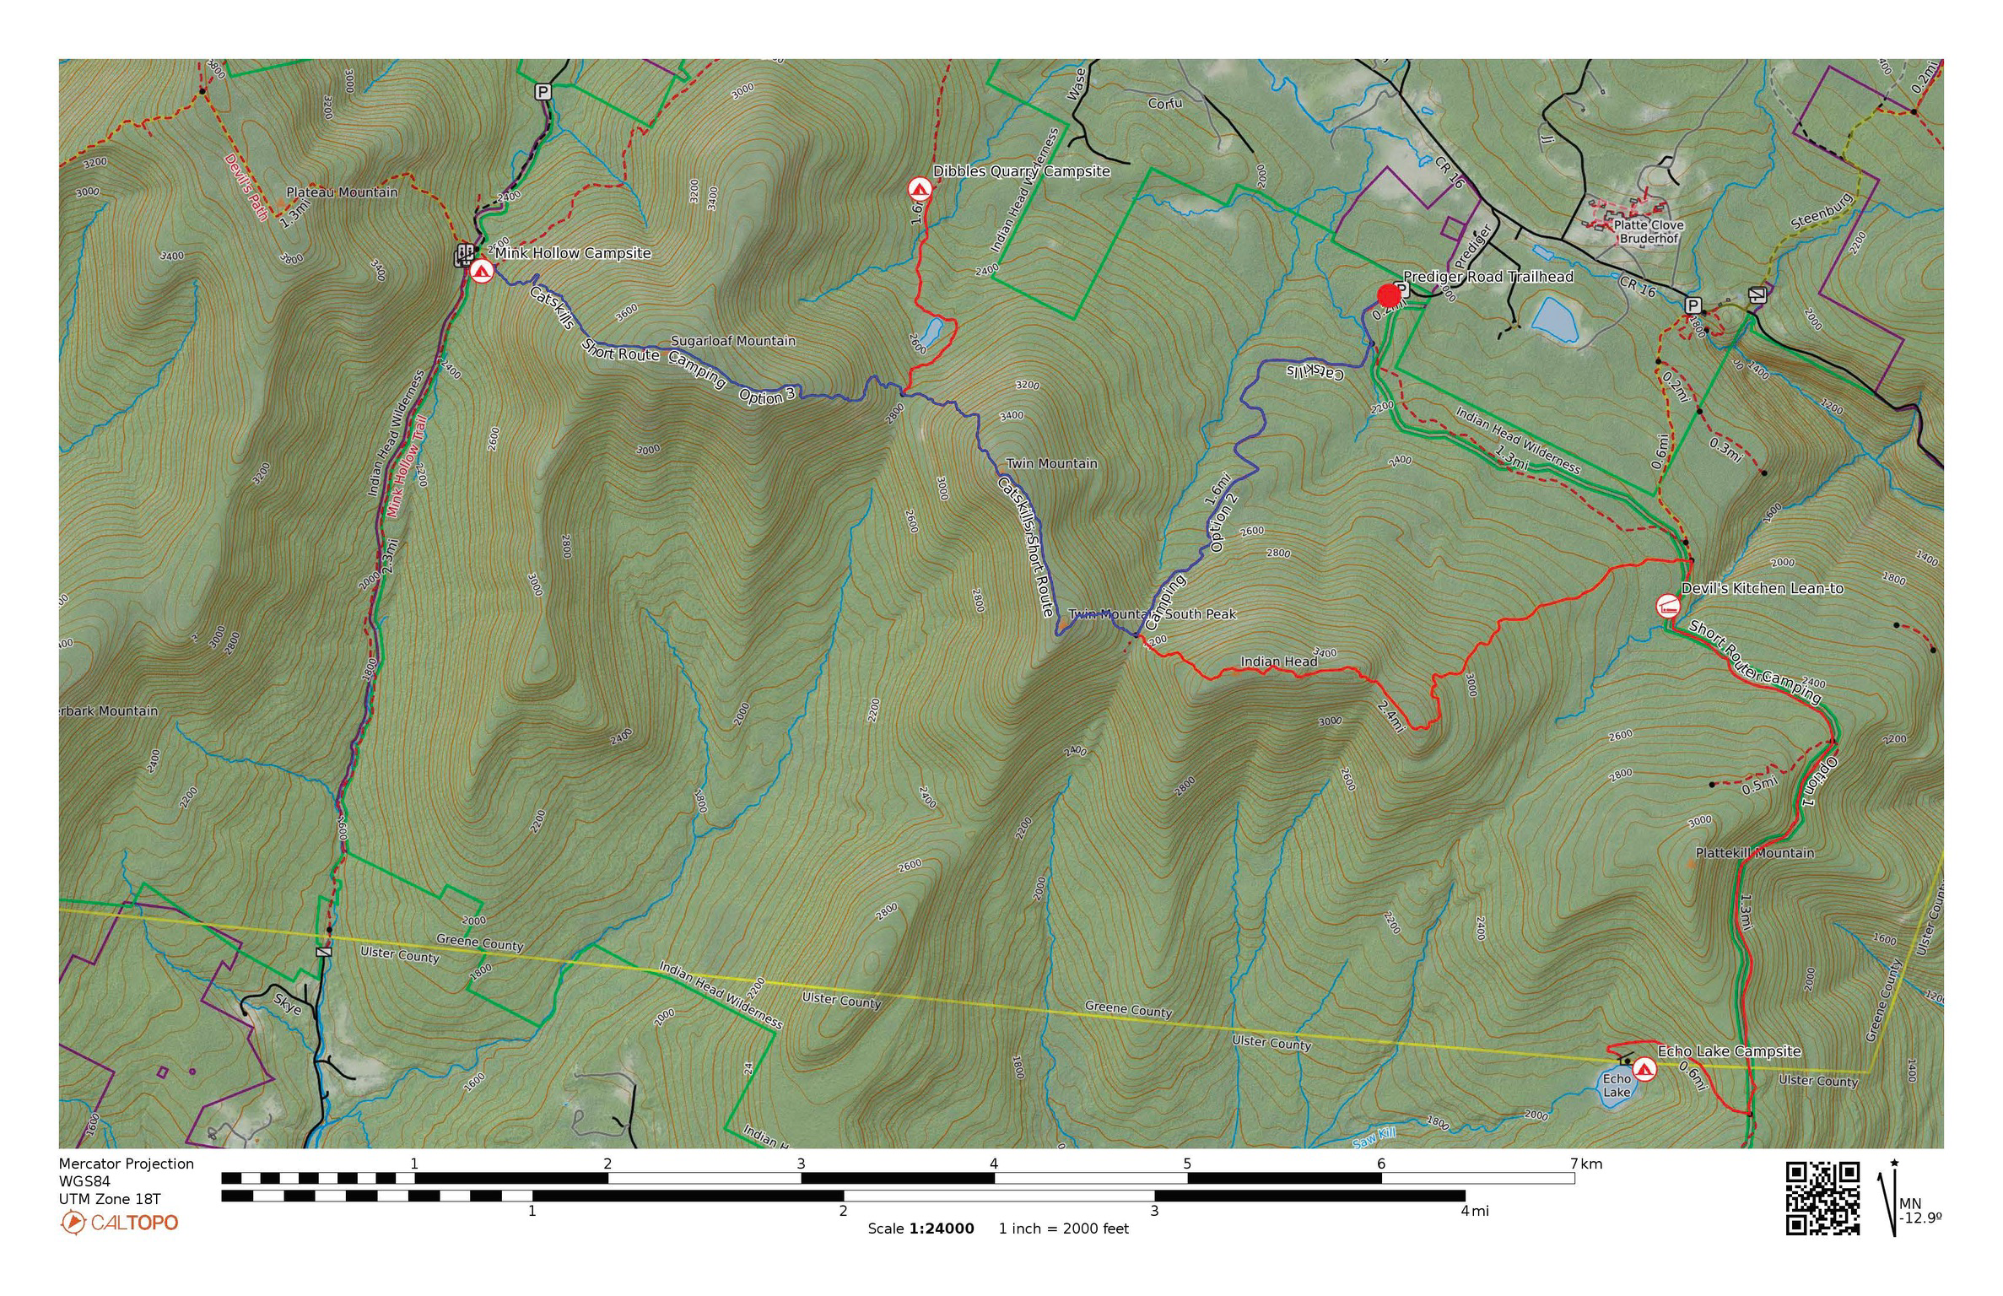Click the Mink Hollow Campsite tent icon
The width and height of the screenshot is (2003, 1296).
click(x=481, y=271)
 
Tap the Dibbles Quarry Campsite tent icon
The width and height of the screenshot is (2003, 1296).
click(x=919, y=188)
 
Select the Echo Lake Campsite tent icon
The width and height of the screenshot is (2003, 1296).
click(x=1644, y=1069)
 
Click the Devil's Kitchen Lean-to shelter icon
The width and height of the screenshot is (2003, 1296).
click(x=1668, y=606)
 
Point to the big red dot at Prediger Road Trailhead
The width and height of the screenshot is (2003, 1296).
click(x=1389, y=295)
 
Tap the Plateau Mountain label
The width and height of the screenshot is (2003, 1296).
click(x=342, y=192)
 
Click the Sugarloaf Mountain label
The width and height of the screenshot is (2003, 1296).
click(x=732, y=341)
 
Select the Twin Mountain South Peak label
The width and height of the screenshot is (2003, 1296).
click(x=1152, y=614)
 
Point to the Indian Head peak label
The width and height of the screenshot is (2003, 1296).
click(x=1278, y=661)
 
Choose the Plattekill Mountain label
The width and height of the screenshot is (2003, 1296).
click(x=1755, y=853)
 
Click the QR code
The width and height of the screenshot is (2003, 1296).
click(x=1822, y=1198)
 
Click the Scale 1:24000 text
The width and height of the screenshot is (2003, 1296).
click(x=921, y=1228)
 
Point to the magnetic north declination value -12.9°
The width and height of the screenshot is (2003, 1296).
click(x=1920, y=1218)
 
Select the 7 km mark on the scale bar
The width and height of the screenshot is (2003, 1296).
click(x=1574, y=1164)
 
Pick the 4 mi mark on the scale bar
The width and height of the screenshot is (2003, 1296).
click(x=1466, y=1211)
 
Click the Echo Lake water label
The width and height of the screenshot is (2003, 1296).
click(x=1617, y=1085)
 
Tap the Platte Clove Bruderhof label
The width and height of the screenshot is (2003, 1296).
click(x=1649, y=232)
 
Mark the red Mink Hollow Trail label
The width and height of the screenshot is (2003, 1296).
click(x=407, y=466)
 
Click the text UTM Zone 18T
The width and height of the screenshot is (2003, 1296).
click(x=110, y=1199)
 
